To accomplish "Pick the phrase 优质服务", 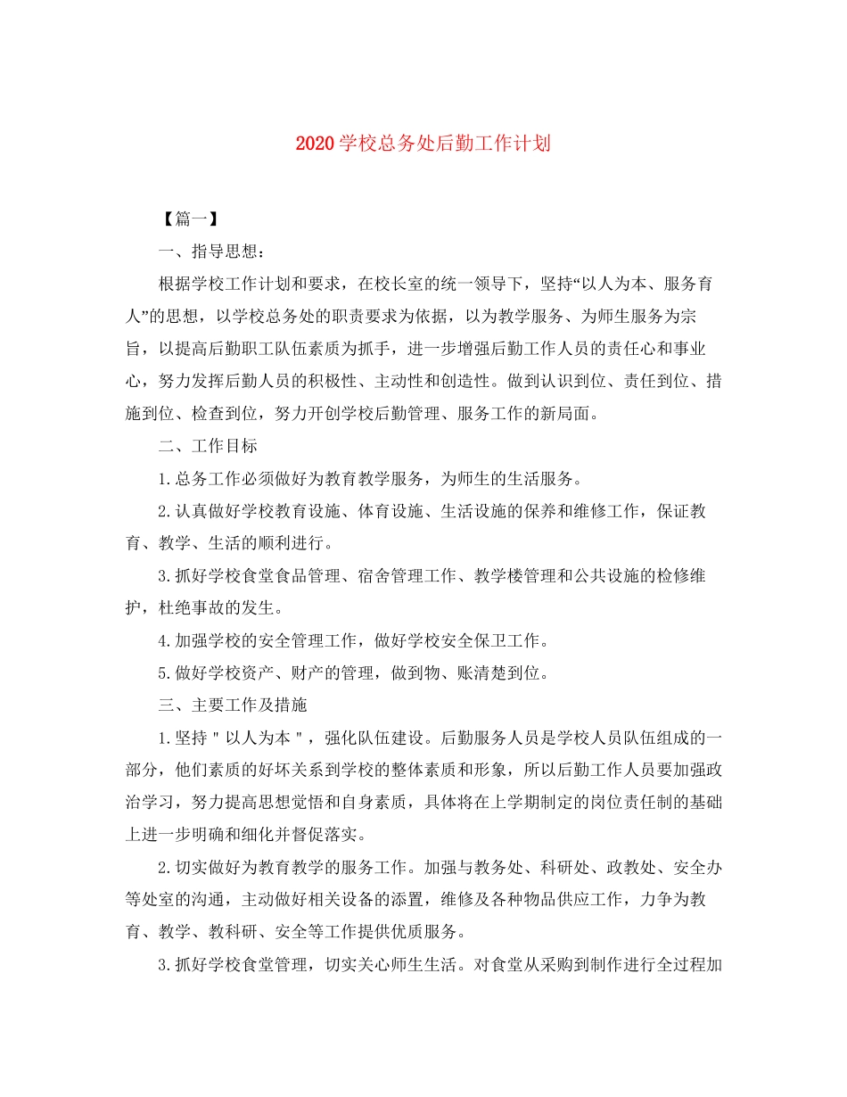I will point(433,931).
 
